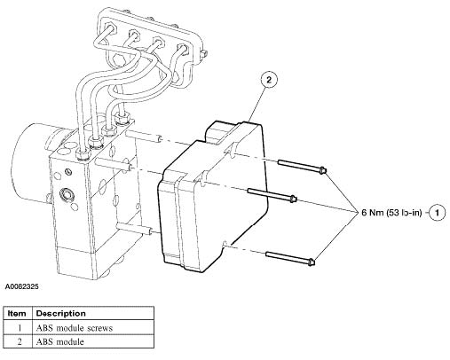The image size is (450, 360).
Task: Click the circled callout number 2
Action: (269, 80)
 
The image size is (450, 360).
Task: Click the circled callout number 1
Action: (438, 212)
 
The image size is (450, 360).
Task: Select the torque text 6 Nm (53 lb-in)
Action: (391, 212)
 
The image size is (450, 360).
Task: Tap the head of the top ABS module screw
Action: (322, 170)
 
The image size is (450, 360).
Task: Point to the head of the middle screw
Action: (293, 199)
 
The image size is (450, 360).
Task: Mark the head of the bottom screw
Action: (311, 262)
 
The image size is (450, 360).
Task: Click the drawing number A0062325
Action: (21, 286)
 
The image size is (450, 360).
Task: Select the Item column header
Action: (17, 313)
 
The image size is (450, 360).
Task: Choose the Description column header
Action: (60, 313)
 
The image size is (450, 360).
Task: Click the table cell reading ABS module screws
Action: (75, 328)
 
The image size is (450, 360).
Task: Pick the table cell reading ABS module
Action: (59, 342)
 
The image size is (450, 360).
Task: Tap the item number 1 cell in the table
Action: (20, 328)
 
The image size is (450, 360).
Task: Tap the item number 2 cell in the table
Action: (20, 342)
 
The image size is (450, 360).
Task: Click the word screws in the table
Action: (100, 328)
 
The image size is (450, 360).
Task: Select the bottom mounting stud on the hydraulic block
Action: (134, 229)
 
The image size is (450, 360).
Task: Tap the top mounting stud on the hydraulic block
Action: (144, 137)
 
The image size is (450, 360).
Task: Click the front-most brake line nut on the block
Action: (82, 153)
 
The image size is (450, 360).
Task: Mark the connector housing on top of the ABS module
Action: (221, 131)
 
